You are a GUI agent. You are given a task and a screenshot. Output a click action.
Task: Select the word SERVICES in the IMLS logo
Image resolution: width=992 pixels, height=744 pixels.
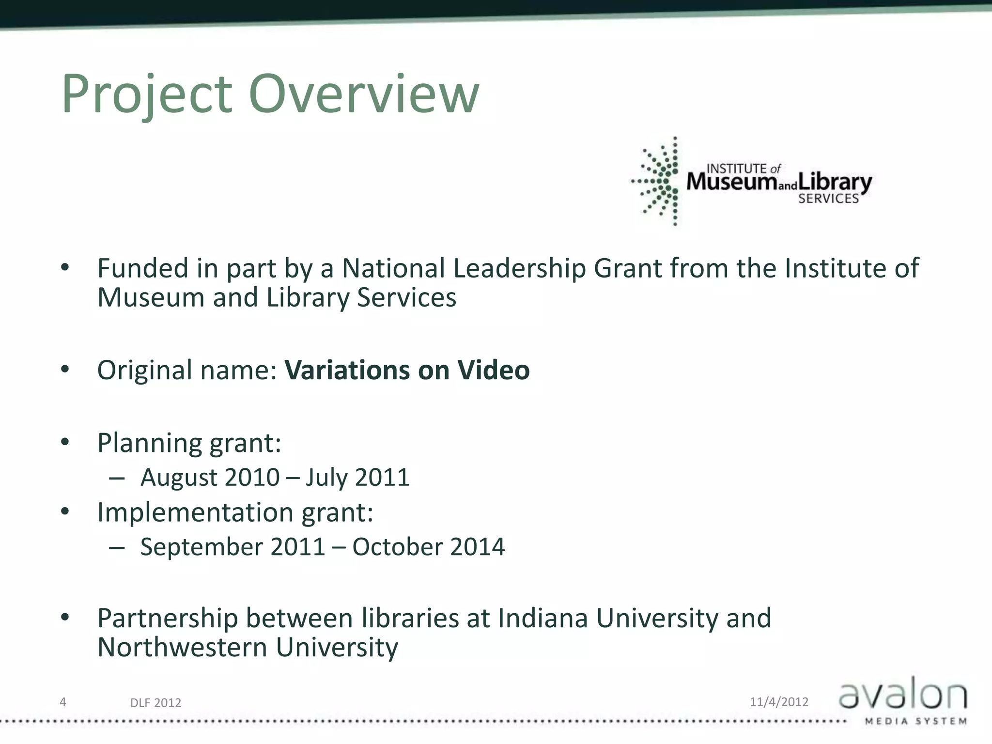pyautogui.click(x=828, y=199)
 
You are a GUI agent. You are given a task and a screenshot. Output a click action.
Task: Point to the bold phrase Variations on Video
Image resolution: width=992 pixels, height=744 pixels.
pyautogui.click(x=407, y=371)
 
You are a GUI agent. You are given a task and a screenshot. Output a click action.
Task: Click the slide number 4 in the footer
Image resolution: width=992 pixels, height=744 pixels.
pyautogui.click(x=62, y=701)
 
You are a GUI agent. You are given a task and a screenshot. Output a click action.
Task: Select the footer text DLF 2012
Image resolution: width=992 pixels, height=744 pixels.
pyautogui.click(x=155, y=703)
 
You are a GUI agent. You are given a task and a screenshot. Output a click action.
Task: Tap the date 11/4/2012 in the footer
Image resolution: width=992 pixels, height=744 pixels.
pyautogui.click(x=779, y=702)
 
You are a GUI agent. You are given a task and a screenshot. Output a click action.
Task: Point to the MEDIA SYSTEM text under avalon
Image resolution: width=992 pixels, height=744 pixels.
pyautogui.click(x=915, y=721)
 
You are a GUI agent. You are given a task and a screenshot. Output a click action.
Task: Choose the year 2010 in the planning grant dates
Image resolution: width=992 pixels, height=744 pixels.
pyautogui.click(x=252, y=478)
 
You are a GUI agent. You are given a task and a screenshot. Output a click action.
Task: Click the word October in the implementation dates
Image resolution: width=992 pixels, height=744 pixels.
pyautogui.click(x=397, y=547)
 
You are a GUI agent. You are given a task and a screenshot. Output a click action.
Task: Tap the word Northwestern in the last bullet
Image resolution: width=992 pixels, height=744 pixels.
pyautogui.click(x=182, y=648)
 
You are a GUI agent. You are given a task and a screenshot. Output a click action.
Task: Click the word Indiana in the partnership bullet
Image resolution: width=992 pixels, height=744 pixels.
pyautogui.click(x=542, y=619)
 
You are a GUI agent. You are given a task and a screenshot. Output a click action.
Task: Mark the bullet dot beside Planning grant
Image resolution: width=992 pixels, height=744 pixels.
pyautogui.click(x=65, y=442)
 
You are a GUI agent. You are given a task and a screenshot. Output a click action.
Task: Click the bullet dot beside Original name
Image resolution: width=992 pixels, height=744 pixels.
pyautogui.click(x=65, y=370)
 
